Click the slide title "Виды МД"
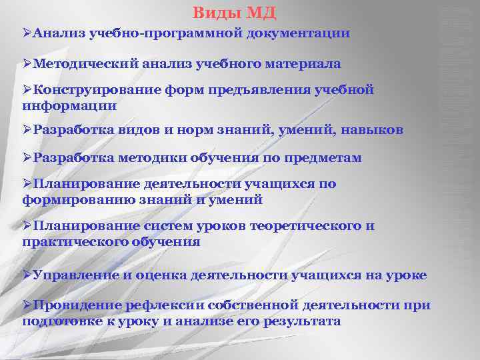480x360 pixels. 234,12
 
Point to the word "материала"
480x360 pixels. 305,64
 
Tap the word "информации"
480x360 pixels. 69,105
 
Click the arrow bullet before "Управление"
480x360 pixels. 27,275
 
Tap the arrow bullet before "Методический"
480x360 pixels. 27,64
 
